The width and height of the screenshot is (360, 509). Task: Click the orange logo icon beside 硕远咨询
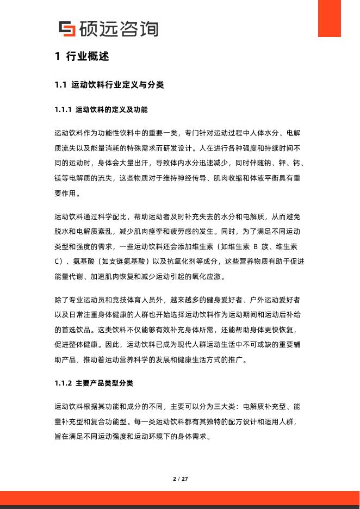(x=67, y=28)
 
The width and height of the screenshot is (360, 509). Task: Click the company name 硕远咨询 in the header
(x=118, y=28)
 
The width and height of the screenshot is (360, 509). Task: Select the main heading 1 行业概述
(x=82, y=57)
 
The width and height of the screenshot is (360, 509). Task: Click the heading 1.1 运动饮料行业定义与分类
(x=109, y=85)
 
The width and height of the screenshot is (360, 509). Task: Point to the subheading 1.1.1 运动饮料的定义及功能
(x=101, y=109)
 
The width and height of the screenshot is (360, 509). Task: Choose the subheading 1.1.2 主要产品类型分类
(x=94, y=383)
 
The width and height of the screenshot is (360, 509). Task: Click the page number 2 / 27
(x=180, y=479)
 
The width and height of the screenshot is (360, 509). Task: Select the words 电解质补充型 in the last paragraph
(x=265, y=406)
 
